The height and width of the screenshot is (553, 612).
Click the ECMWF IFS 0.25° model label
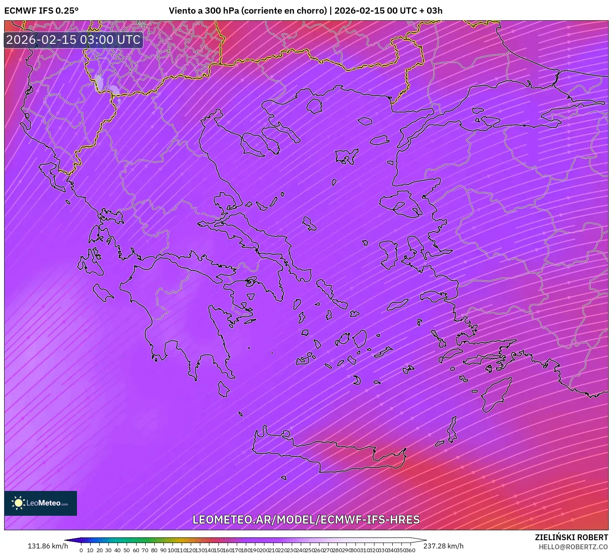pos(41,11)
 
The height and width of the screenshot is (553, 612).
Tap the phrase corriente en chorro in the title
pos(284,11)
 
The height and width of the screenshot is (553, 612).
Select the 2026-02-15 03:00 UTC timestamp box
pos(73,40)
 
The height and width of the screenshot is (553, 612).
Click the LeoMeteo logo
pos(41,503)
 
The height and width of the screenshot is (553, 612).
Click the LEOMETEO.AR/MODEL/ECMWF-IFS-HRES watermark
pos(306,519)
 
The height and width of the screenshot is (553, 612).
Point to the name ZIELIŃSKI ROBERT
pos(571,537)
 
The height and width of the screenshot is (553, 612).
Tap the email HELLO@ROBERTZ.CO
pos(573,547)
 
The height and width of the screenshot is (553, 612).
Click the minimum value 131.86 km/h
pos(48,546)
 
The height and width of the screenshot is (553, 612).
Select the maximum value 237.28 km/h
pos(443,546)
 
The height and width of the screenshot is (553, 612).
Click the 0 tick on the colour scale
pos(81,550)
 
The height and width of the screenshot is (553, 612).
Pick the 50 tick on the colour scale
pos(127,550)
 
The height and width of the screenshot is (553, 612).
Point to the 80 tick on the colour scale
pos(154,550)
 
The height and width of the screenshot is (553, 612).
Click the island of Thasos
pos(314,106)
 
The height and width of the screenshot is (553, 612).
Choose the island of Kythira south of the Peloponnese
pos(223,389)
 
